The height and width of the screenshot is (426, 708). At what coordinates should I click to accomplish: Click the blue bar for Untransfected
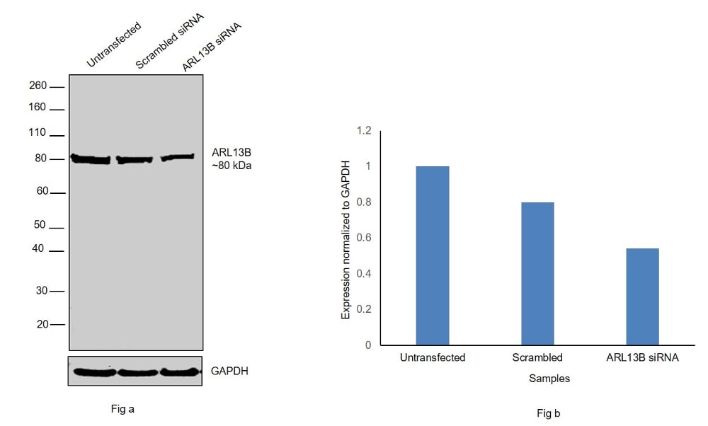tap(433, 255)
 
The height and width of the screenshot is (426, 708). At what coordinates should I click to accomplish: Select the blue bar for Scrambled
tap(537, 274)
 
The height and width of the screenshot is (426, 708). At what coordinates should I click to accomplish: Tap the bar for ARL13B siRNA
tap(642, 297)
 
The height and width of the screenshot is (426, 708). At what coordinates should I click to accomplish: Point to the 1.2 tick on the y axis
tap(364, 131)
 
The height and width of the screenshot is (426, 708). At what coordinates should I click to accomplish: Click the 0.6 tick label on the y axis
tap(364, 238)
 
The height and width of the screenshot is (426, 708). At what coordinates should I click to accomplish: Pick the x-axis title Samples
tap(549, 379)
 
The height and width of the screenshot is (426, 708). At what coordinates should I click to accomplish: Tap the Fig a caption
tap(122, 408)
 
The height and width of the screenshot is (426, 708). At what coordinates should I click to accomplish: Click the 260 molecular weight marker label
tap(38, 86)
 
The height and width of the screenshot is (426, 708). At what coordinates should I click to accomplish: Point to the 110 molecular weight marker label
tap(38, 133)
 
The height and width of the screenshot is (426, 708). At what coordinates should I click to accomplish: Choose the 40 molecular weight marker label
tap(39, 249)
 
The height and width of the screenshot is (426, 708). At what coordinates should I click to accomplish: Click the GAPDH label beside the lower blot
tap(229, 371)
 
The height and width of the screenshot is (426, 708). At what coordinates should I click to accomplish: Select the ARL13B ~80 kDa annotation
tap(232, 159)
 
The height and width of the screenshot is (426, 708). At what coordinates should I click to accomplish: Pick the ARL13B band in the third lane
tap(178, 157)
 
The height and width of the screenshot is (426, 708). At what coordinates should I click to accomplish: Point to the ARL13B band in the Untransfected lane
tap(91, 159)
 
